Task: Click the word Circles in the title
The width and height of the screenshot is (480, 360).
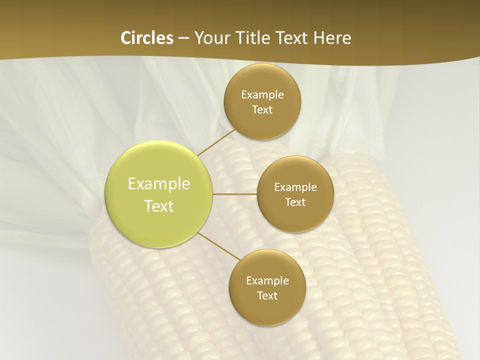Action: coord(147,38)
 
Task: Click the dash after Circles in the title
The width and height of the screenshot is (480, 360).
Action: coord(183,38)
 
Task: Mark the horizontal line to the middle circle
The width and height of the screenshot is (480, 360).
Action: coord(235,194)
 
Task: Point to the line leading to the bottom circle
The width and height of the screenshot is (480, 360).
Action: coord(219,246)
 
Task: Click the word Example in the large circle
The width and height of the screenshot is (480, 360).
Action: coord(159,184)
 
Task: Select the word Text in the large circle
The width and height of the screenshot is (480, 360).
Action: coord(159,206)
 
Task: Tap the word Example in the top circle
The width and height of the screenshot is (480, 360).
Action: coord(262,95)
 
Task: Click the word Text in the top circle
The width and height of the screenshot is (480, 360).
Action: coord(262,110)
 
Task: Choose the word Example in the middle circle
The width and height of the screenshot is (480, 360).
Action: coord(295,187)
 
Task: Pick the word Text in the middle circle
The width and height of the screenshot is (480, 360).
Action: coord(295,202)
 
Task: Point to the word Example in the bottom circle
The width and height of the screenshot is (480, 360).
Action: coord(267,281)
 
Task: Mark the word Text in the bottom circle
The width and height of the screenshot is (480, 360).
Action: coord(267,296)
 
